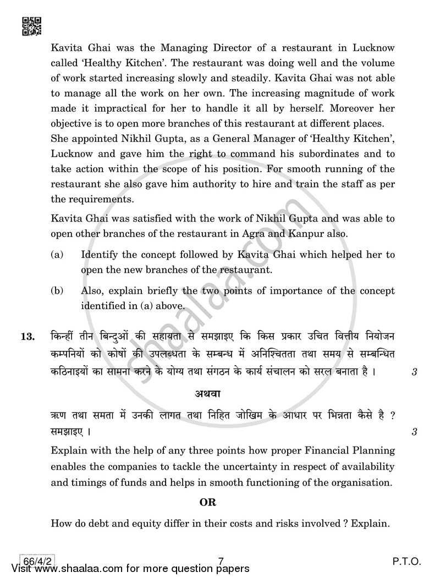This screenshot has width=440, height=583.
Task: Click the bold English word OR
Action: (207, 502)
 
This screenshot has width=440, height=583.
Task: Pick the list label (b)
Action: (57, 291)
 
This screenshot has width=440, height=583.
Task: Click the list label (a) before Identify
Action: (57, 255)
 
